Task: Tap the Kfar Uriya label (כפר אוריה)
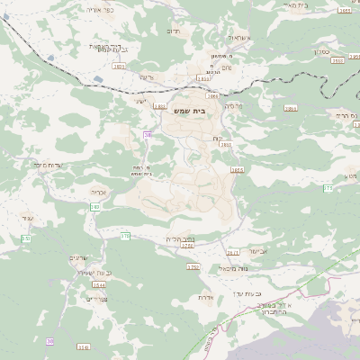click(x=100, y=9)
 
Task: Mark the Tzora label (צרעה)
click(x=147, y=77)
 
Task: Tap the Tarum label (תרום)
click(x=174, y=30)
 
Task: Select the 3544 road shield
click(x=99, y=284)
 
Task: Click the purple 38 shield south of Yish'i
click(x=148, y=134)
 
